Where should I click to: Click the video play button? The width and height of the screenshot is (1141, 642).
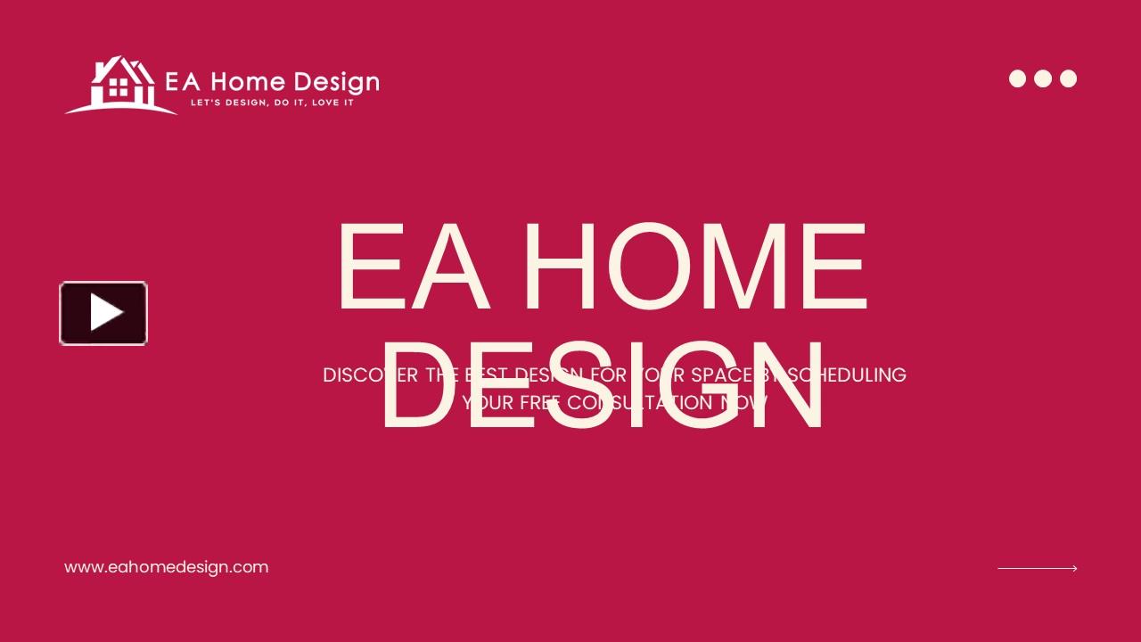coord(103,313)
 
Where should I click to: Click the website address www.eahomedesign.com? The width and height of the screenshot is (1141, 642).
coord(166,567)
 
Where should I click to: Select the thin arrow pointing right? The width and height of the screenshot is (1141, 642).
coord(1037,568)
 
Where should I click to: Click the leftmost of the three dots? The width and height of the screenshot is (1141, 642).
coord(1017,78)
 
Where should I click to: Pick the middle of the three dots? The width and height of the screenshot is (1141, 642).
coord(1043,78)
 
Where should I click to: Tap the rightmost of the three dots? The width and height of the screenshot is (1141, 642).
coord(1068,78)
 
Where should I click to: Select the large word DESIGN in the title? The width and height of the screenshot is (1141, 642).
coord(603,385)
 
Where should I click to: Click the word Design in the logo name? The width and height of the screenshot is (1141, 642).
coord(335,83)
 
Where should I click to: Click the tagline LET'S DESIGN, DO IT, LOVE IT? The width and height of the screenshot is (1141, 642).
coord(273,103)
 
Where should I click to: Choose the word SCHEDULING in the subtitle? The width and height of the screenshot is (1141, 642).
coord(847,375)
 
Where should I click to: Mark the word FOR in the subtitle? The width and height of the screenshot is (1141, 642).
coord(609,375)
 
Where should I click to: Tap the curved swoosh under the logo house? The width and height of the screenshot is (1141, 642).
coord(120,108)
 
